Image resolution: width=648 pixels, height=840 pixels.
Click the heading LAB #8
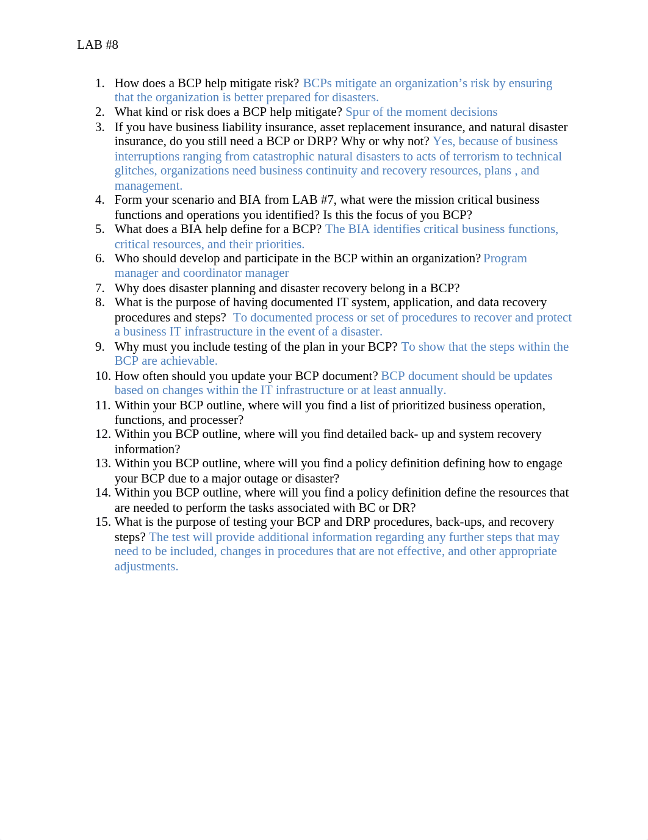click(98, 45)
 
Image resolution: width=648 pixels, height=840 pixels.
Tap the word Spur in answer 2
click(357, 112)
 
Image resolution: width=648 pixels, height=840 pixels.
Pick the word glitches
click(135, 171)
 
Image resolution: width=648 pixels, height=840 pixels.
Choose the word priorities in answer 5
click(279, 244)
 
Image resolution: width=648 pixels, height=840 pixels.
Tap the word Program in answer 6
click(505, 259)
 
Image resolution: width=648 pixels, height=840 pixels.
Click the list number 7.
click(100, 288)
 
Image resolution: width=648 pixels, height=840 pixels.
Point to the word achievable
click(189, 361)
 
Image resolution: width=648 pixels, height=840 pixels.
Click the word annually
click(422, 390)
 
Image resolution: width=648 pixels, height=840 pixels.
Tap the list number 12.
click(103, 434)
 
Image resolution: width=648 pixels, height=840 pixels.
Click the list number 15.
click(103, 522)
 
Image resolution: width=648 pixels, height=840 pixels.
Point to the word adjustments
click(146, 566)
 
